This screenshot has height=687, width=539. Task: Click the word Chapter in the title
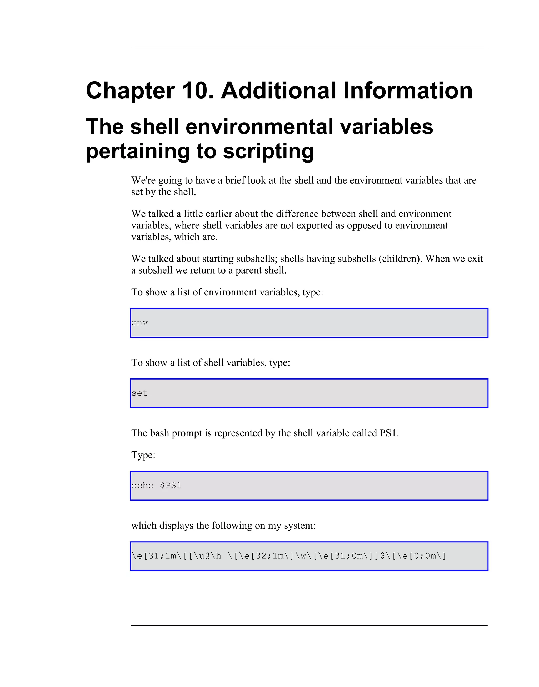point(130,91)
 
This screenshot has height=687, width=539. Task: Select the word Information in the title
point(408,91)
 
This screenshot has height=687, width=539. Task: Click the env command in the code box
point(139,323)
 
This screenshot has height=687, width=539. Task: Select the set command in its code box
point(139,393)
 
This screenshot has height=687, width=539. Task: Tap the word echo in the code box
point(142,486)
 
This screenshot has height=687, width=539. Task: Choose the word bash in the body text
point(159,433)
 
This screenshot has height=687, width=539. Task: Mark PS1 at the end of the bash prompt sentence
point(389,433)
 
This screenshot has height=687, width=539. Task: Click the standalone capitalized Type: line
point(143,455)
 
